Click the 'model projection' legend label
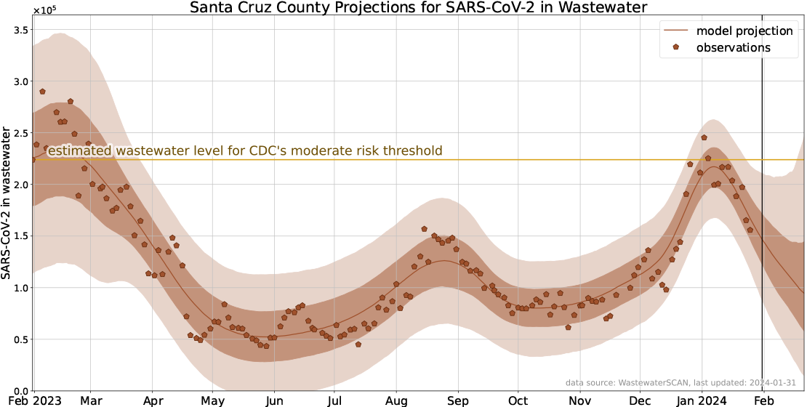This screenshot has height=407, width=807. (744, 31)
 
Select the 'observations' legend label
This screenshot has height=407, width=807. (733, 48)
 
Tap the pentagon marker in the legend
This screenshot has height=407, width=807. (676, 47)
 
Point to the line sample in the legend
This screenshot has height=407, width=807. (676, 31)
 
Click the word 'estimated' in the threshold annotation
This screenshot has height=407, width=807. (79, 151)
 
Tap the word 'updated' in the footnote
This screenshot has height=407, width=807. (728, 383)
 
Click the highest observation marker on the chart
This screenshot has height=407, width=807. (42, 92)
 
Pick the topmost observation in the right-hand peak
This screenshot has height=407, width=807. (704, 137)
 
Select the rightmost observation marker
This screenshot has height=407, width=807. (750, 230)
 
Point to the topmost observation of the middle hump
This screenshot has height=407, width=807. (425, 229)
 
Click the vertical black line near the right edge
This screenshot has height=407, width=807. (762, 218)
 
